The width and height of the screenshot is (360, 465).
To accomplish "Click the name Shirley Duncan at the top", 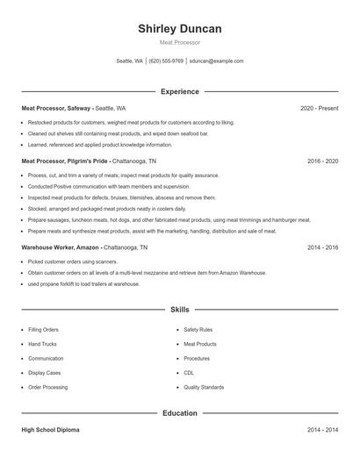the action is click(179, 29).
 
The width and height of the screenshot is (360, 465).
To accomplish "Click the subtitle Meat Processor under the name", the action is click(179, 42).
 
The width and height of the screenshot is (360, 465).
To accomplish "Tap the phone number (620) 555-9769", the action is click(166, 61).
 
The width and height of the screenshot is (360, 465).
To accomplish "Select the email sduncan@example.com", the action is click(216, 61).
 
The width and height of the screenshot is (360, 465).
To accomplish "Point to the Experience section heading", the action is click(179, 91).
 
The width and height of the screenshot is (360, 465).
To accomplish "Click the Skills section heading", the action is click(179, 310).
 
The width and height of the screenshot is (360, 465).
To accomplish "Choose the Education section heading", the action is click(179, 412).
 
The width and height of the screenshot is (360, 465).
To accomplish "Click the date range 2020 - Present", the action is click(319, 108).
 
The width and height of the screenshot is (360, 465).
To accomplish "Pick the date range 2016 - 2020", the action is click(322, 161).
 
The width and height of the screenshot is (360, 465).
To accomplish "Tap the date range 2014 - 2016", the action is click(322, 248).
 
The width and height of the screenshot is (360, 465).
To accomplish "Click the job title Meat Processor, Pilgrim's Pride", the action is click(66, 161).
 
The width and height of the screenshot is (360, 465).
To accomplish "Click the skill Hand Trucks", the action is click(42, 344).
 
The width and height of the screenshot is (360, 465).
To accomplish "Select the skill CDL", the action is click(190, 373).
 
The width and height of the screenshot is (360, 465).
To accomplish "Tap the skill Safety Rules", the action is click(198, 330).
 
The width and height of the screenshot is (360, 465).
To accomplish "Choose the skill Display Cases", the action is click(45, 373).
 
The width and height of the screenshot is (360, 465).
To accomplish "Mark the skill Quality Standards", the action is click(204, 387).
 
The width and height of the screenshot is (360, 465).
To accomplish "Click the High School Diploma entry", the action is click(52, 430).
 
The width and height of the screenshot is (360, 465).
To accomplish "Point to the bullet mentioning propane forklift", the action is click(83, 284).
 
